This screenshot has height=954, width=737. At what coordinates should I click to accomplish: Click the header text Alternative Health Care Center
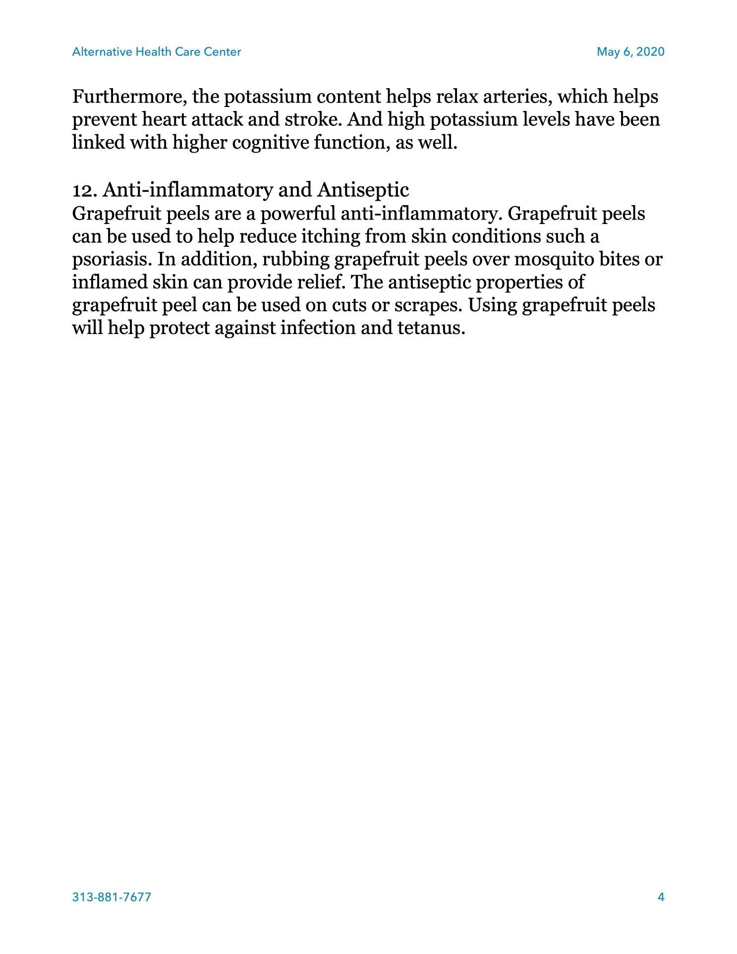point(157,52)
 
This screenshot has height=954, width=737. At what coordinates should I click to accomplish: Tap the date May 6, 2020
point(630,52)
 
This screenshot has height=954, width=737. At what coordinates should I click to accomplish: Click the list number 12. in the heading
point(85,190)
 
